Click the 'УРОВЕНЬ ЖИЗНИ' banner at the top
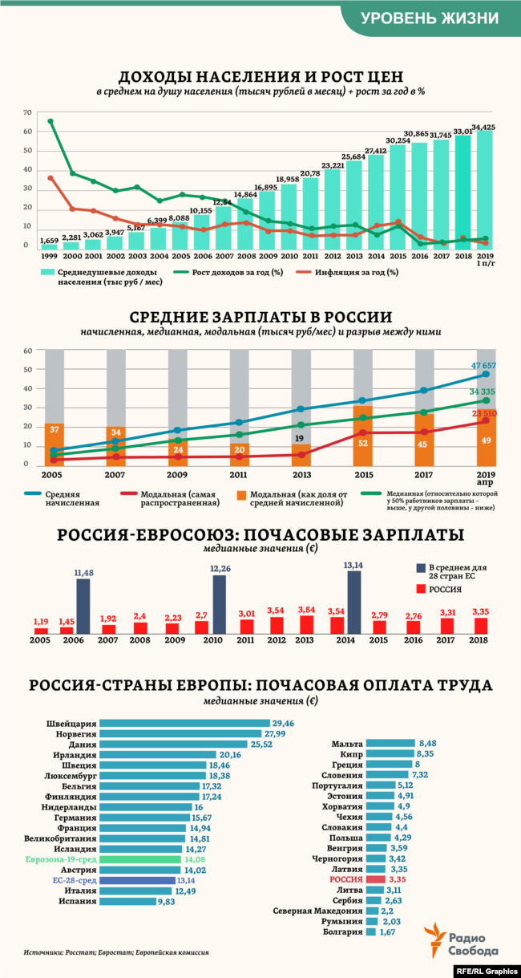(x=429, y=18)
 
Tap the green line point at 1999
(x=50, y=121)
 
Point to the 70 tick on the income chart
(x=27, y=112)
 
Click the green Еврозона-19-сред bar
(x=141, y=859)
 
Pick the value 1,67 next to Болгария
(x=388, y=932)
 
